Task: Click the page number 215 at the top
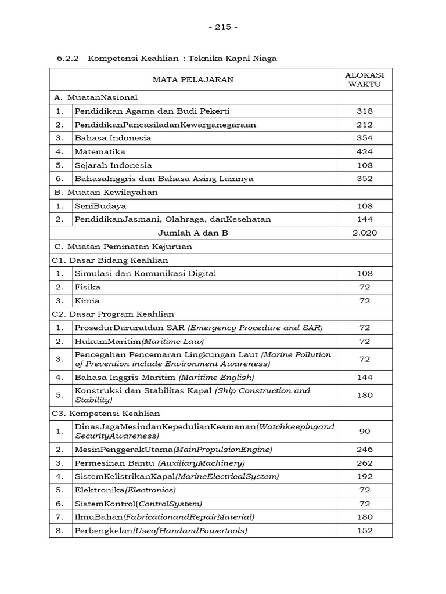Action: coord(222,27)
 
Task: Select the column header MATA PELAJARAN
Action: coord(193,79)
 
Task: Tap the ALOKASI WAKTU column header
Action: coord(365,79)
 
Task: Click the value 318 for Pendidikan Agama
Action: coord(365,111)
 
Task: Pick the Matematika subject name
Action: coord(100,151)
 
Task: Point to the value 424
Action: coord(365,151)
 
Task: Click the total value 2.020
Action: coord(365,233)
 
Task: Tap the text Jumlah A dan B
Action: coord(193,233)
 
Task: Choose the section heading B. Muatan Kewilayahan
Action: coord(105,192)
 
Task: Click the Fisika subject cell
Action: coord(88,287)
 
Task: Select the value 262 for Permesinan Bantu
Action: coord(365,463)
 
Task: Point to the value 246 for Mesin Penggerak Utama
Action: coord(365,449)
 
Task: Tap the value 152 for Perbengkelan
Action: coord(365,530)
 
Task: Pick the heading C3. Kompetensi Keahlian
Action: coord(106,414)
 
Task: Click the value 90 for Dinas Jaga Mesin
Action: coord(365,431)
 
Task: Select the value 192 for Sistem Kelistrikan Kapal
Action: coord(365,476)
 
